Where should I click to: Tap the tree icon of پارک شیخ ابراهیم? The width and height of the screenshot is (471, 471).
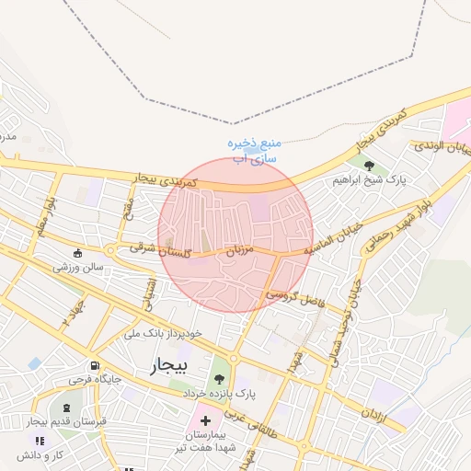pos(370,166)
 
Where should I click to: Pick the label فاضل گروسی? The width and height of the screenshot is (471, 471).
pos(295,293)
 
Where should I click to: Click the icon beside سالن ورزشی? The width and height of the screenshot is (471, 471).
pos(78,252)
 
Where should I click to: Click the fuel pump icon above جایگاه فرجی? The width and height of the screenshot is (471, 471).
pos(93,363)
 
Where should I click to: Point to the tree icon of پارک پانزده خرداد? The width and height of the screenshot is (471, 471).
pos(219,377)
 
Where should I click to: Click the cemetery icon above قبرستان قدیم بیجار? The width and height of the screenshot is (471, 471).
pos(65,407)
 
